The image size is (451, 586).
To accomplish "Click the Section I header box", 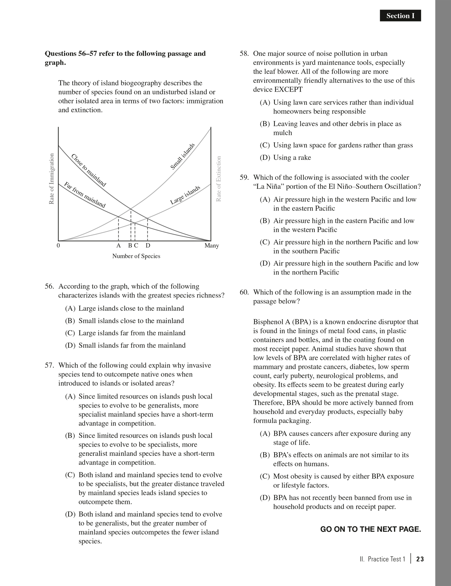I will click(400, 16).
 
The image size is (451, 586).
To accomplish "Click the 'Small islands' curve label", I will click(183, 157).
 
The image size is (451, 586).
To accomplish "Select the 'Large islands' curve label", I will click(185, 195).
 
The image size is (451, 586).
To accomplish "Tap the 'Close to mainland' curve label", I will click(88, 170).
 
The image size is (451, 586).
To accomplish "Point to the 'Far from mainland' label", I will click(85, 195).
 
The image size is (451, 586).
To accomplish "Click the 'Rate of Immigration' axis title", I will click(51, 179).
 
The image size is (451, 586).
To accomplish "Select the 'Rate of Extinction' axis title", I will click(219, 179).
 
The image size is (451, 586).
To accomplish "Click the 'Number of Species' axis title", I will click(136, 256).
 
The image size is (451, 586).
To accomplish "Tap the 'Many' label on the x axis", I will click(211, 246).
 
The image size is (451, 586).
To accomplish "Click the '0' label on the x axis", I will click(58, 246).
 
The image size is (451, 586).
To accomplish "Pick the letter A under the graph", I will click(119, 246).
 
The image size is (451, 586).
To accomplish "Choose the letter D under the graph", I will click(148, 246).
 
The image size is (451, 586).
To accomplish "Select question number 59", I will click(244, 178).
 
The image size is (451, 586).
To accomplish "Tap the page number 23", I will click(420, 559).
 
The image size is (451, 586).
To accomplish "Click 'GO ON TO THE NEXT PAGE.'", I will click(370, 529).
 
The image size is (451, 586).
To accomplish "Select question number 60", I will click(244, 292).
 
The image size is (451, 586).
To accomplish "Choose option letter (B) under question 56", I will click(70, 321).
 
